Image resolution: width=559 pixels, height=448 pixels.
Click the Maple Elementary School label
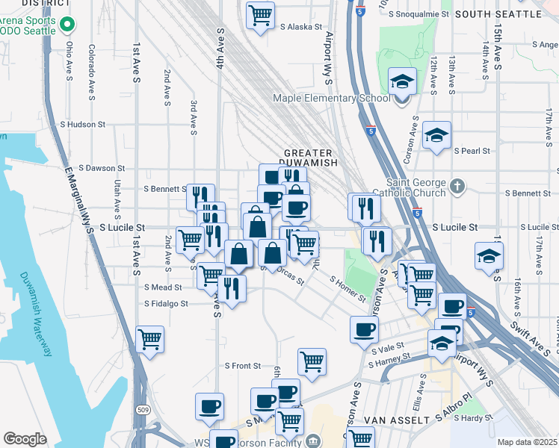(331, 98)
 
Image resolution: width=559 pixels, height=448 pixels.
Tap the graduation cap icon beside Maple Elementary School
(403, 81)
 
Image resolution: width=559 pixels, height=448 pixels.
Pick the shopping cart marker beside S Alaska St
(259, 14)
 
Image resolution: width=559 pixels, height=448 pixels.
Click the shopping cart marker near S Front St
(312, 362)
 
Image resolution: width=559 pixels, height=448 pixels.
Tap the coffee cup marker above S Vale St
(365, 329)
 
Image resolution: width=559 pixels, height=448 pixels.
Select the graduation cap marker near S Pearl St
(436, 135)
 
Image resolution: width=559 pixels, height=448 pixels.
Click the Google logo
(25, 439)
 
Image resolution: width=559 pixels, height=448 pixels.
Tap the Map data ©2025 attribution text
(528, 442)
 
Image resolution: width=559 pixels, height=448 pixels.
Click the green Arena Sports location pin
(67, 25)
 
